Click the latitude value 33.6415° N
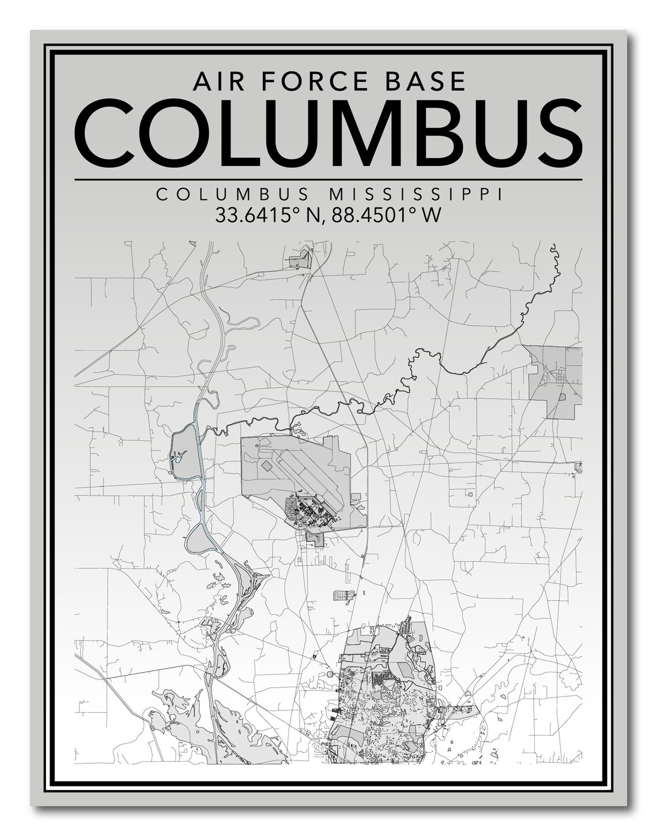click(x=266, y=215)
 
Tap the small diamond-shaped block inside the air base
click(x=267, y=464)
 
